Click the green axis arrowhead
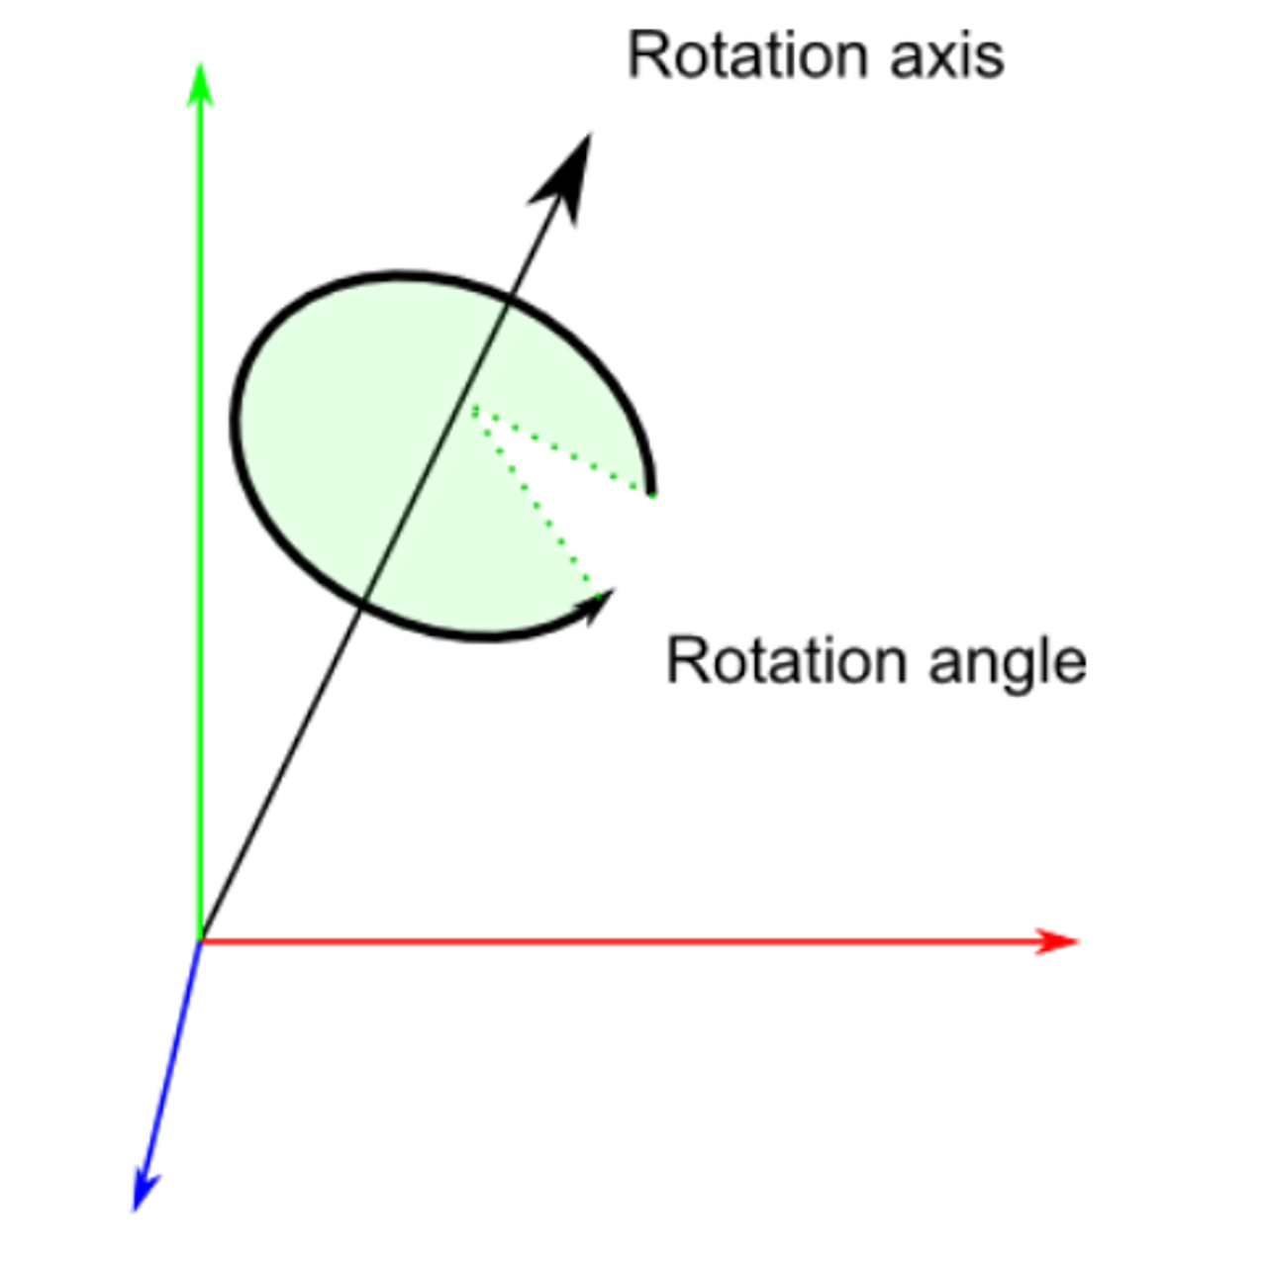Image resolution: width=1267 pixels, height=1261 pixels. point(200,83)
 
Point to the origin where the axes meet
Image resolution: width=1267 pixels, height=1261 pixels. point(201,940)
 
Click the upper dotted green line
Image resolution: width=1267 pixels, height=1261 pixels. point(560,450)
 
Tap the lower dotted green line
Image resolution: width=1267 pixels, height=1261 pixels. point(535,499)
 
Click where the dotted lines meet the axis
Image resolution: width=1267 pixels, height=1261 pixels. point(473,408)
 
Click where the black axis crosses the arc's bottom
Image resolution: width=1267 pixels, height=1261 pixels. point(364,600)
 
